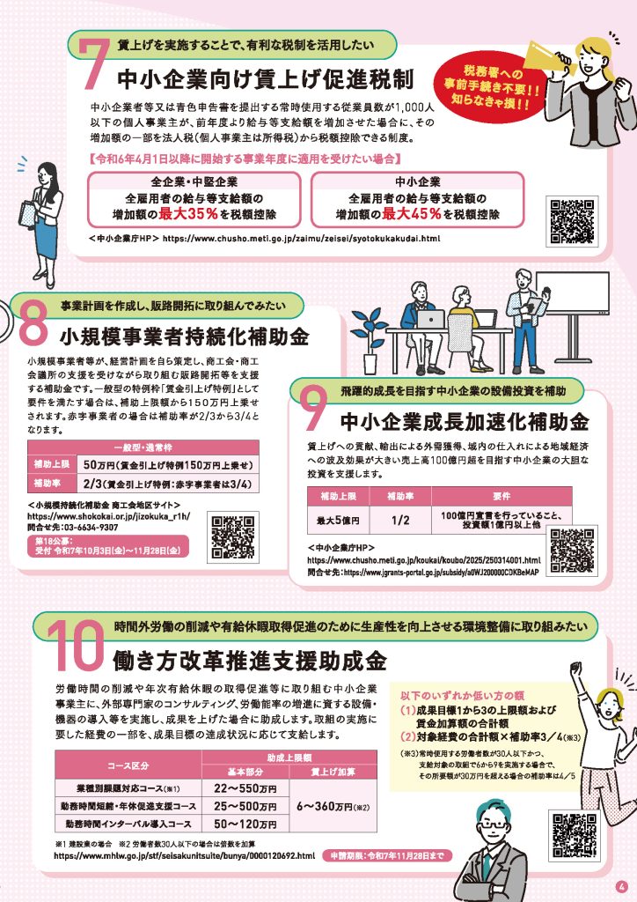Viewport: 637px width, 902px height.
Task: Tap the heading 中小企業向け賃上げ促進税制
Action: (266, 79)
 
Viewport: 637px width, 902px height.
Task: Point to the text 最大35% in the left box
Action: (188, 214)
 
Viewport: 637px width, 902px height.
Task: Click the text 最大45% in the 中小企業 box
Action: (412, 214)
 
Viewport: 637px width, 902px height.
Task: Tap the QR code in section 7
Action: (572, 221)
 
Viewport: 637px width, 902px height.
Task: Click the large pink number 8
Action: (34, 324)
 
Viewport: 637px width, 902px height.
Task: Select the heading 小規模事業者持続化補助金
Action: (185, 336)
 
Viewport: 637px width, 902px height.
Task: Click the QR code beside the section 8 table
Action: (232, 537)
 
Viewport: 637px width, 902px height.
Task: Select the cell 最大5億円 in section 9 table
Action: (338, 520)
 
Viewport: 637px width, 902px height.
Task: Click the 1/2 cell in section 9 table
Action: (400, 520)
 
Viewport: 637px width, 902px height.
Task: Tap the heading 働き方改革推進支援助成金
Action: (249, 661)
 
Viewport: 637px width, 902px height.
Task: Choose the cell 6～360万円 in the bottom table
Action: (333, 806)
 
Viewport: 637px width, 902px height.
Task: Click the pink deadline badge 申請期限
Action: (388, 855)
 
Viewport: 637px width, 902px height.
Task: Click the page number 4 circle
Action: (621, 886)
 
